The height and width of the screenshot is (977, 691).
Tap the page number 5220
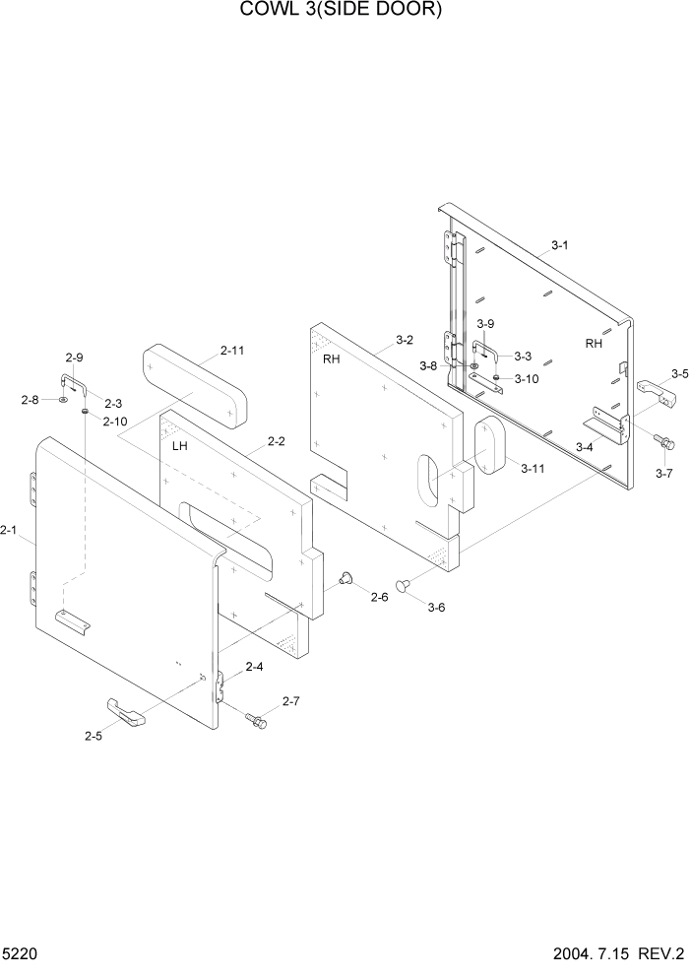[21, 954]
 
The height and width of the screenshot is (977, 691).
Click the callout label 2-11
[233, 350]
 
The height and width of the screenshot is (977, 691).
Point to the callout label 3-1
[559, 245]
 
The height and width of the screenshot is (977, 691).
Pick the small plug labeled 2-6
[345, 578]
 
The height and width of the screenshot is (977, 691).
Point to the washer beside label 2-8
[63, 400]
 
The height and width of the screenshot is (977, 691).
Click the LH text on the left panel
[180, 446]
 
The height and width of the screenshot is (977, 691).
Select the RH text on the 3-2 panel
[332, 359]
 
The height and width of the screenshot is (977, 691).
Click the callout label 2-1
[9, 531]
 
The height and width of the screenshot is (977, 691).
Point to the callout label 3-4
[584, 447]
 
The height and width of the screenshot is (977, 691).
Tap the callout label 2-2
[276, 441]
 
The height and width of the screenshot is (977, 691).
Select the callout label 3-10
[527, 378]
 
